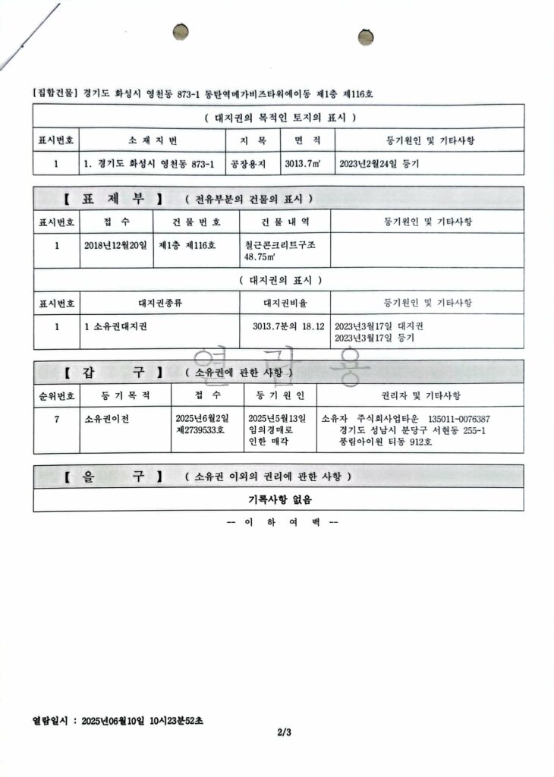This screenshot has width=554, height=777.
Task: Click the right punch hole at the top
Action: (x=367, y=36)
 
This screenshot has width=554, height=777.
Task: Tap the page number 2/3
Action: (x=284, y=732)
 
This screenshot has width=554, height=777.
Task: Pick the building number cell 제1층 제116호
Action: (x=187, y=245)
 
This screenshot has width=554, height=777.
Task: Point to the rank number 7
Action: (x=56, y=419)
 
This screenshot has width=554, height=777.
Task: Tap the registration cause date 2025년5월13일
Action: (x=277, y=419)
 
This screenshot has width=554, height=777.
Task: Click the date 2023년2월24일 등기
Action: (x=379, y=164)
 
